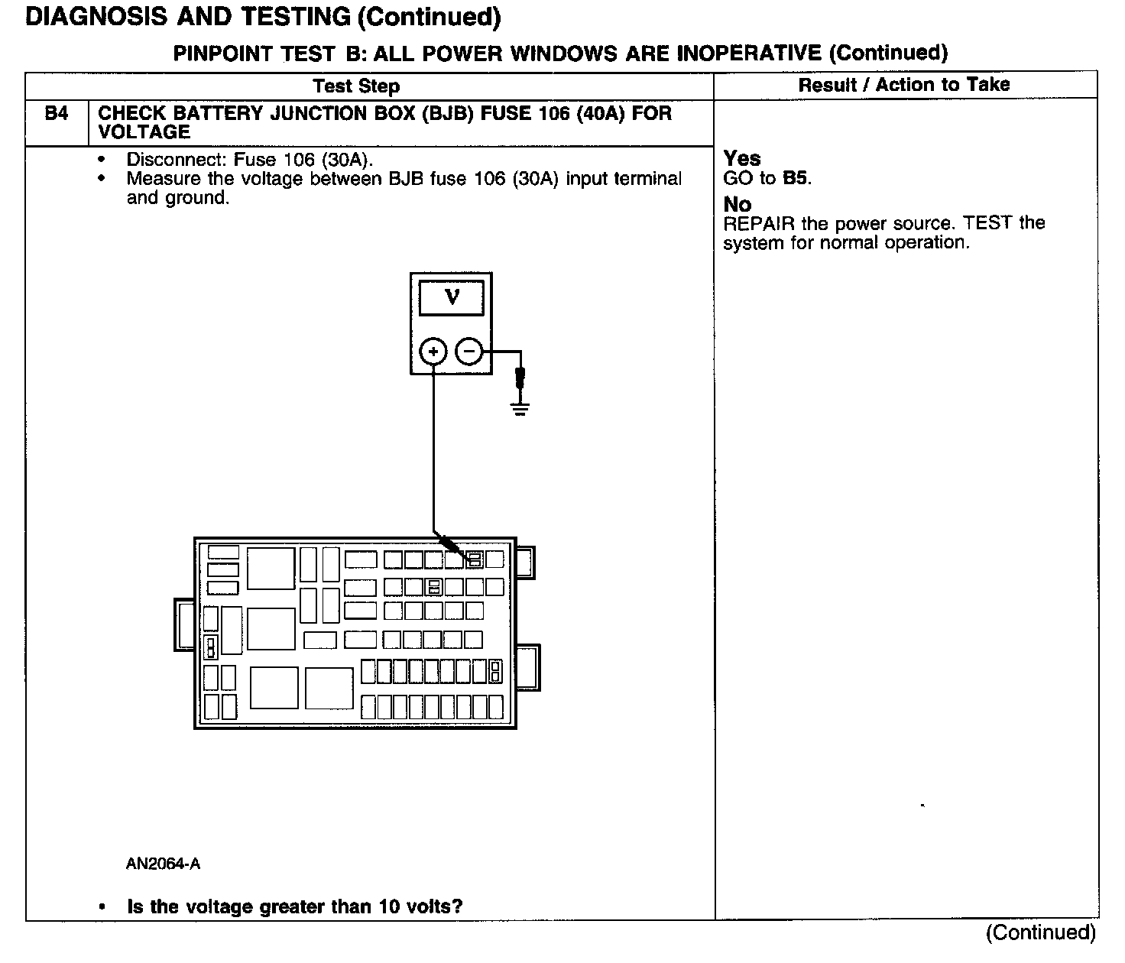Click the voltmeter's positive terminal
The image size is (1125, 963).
click(x=433, y=352)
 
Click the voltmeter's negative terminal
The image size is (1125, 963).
click(x=468, y=352)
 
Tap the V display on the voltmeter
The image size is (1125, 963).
click(x=452, y=297)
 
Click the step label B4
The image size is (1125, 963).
click(x=57, y=114)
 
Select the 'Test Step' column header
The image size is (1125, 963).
click(x=356, y=86)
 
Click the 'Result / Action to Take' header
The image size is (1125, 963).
click(x=904, y=85)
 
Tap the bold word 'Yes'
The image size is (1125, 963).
click(x=742, y=158)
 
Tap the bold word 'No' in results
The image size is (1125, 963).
click(x=738, y=204)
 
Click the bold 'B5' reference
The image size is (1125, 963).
click(x=796, y=179)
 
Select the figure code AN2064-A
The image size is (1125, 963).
click(x=164, y=864)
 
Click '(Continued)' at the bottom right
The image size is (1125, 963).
click(x=1041, y=932)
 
